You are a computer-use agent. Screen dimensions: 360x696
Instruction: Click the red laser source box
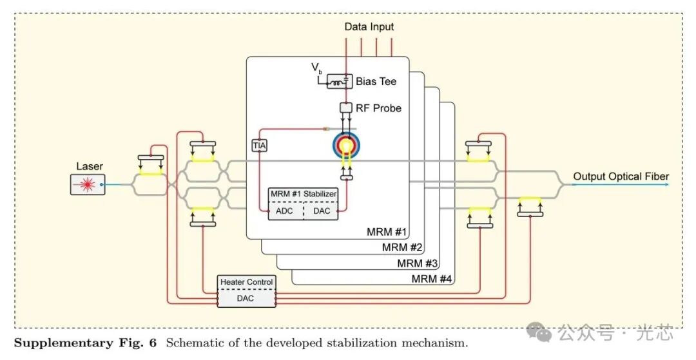pos(88,184)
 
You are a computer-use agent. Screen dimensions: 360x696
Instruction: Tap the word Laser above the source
pos(89,166)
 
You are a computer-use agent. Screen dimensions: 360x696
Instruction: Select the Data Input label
pos(369,26)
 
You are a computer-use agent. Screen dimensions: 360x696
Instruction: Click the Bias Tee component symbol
pos(338,82)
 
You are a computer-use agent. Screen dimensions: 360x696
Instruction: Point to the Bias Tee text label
pos(376,82)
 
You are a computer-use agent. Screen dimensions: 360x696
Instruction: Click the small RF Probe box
pos(345,108)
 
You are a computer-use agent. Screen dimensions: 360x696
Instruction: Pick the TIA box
pos(259,146)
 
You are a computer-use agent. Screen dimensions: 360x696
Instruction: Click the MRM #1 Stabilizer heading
pos(304,194)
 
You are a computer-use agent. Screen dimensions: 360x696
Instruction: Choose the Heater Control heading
pos(246,282)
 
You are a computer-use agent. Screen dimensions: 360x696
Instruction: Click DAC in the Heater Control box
pos(246,298)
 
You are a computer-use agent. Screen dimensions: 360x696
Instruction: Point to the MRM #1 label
pos(386,232)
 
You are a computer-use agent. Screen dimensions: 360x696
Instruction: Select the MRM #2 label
pos(401,247)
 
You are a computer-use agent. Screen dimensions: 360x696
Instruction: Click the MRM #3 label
pos(417,263)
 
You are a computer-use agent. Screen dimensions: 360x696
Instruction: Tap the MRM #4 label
pos(432,279)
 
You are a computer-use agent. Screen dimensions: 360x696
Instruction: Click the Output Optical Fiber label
pos(621,176)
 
